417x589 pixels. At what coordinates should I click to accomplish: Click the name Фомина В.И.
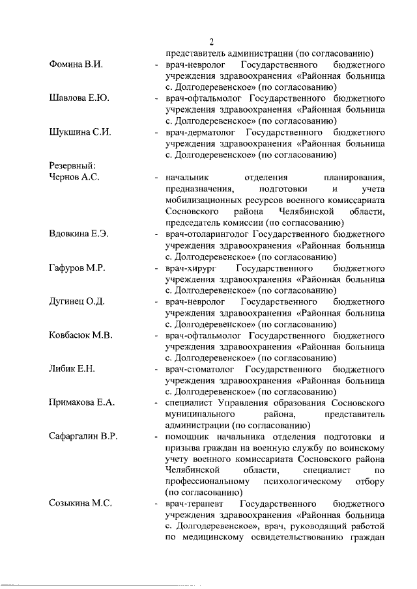(78, 65)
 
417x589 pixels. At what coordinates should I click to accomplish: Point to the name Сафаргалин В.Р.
(83, 436)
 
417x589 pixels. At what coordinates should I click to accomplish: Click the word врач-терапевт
(192, 504)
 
